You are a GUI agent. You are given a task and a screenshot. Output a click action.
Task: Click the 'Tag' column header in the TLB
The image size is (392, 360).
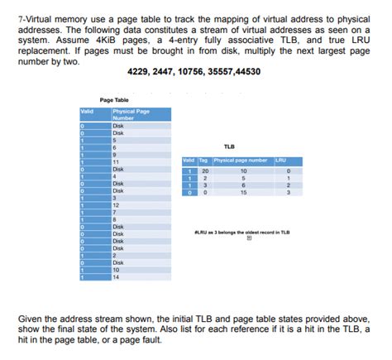pyautogui.click(x=203, y=159)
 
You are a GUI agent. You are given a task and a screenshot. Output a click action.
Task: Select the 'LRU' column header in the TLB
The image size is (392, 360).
pyautogui.click(x=281, y=159)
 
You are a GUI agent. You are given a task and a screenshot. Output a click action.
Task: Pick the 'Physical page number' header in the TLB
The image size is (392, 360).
pyautogui.click(x=241, y=159)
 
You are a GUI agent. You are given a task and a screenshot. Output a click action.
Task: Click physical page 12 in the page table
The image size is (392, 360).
pyautogui.click(x=117, y=204)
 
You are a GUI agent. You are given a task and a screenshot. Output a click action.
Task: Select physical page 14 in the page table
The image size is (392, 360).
pyautogui.click(x=117, y=277)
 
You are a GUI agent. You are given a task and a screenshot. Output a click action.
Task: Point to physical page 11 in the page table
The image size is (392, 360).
pyautogui.click(x=117, y=161)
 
